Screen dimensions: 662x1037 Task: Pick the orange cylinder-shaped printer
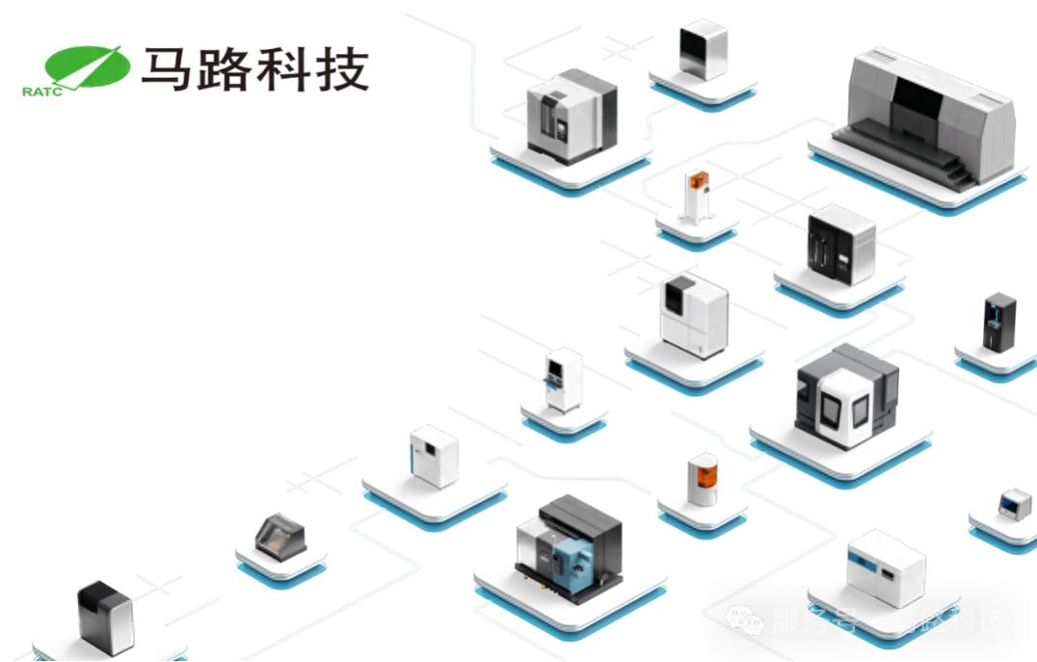(703, 480)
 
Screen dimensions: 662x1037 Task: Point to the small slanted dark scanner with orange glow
(280, 536)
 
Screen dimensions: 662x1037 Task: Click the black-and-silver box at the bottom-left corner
(104, 618)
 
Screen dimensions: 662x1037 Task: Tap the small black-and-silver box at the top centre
(702, 50)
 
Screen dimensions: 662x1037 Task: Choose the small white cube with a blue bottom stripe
(433, 456)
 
